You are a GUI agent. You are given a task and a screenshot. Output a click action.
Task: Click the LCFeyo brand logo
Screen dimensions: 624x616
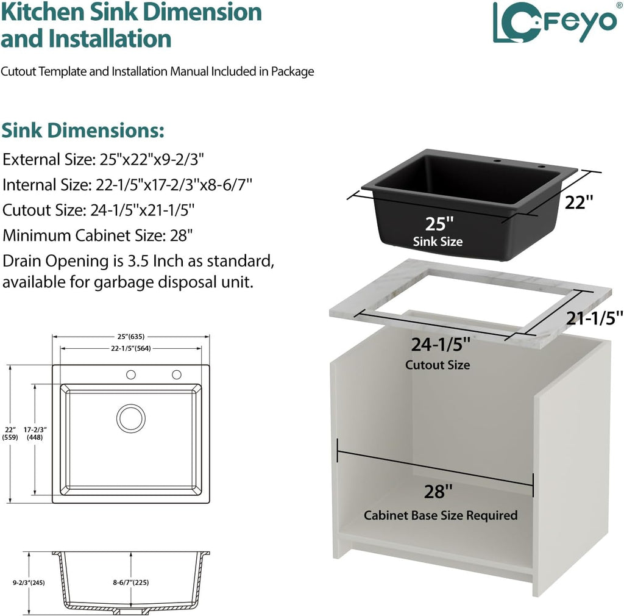pos(555,22)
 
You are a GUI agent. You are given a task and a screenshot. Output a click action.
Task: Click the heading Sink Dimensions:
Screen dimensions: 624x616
pos(83,130)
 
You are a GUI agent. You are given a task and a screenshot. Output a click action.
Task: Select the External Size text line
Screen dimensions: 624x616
pos(103,160)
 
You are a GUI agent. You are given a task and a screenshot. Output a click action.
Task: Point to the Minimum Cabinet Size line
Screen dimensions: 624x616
pos(97,235)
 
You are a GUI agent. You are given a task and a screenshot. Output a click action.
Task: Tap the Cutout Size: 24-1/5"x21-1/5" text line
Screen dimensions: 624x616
pos(98,210)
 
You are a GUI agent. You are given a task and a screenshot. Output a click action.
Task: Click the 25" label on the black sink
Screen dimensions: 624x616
pos(439,224)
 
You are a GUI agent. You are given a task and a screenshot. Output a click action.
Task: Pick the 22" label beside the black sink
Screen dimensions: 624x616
pos(579,202)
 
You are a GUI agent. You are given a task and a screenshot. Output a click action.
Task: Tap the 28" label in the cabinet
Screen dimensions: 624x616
pos(438,492)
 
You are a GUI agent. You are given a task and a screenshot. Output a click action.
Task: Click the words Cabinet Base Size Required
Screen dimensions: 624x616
pos(441,515)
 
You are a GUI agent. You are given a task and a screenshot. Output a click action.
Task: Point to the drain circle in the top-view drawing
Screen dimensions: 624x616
pos(131,418)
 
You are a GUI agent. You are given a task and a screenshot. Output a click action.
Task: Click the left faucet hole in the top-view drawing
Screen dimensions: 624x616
pos(131,374)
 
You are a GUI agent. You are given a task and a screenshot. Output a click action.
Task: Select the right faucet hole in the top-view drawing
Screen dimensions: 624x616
pos(177,374)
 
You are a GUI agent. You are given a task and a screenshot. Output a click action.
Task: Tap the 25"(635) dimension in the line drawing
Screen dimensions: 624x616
pos(131,337)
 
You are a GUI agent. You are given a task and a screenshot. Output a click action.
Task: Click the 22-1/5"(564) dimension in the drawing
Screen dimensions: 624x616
pos(131,348)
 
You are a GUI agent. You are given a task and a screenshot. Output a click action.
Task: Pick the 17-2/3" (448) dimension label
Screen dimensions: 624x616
pos(35,433)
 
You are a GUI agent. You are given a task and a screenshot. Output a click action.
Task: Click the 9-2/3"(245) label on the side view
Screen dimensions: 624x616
pos(29,582)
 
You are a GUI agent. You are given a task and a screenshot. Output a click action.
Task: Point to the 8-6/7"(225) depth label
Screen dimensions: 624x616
pos(131,582)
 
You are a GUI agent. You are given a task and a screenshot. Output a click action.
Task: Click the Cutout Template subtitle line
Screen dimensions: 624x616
pos(157,72)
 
